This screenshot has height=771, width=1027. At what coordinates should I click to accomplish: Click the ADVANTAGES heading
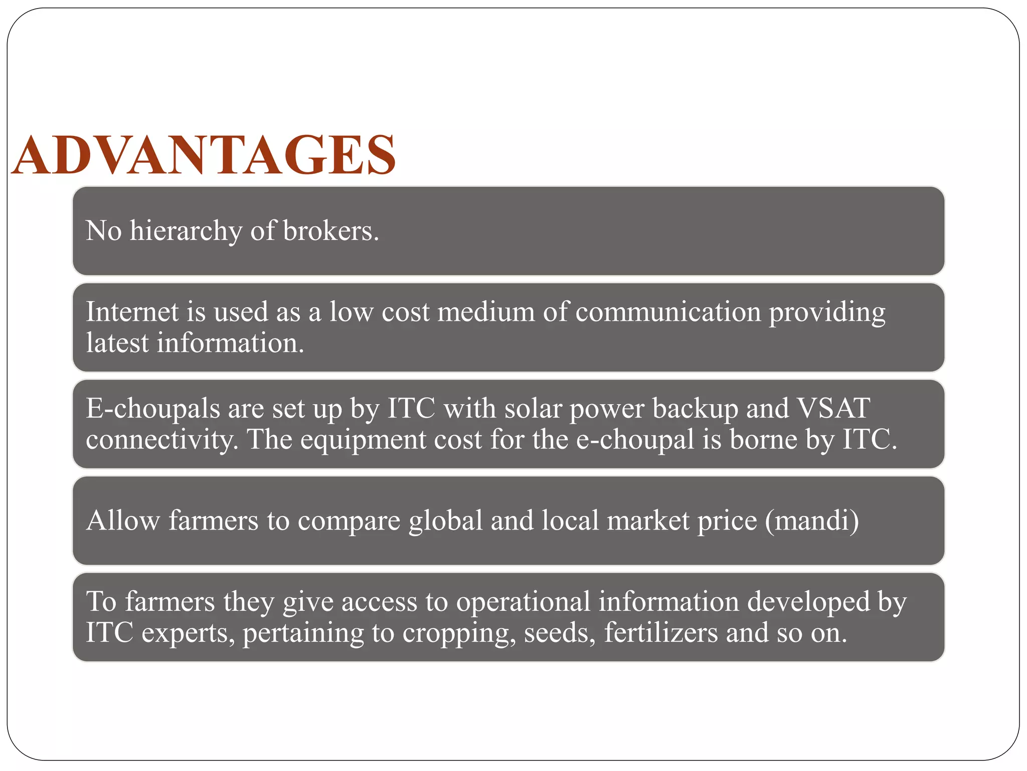coord(204,155)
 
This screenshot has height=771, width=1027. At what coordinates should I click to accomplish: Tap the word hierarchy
coord(186,231)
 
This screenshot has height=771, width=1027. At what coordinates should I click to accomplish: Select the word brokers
coord(330,231)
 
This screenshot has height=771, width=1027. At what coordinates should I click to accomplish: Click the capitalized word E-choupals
coord(153,409)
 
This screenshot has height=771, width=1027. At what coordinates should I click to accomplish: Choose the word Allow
coord(123,521)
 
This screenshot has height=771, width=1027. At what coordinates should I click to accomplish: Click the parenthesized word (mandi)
coord(812,521)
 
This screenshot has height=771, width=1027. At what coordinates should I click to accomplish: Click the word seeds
coord(560,633)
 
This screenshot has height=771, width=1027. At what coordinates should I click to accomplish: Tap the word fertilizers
coord(660,633)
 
